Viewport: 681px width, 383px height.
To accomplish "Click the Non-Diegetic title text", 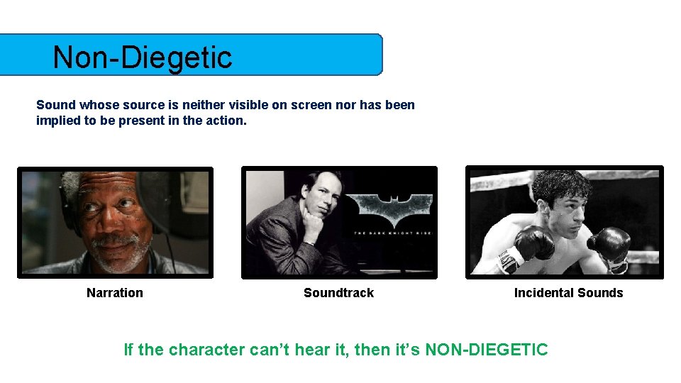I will [x=142, y=57].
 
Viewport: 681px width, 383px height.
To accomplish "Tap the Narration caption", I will [x=115, y=293].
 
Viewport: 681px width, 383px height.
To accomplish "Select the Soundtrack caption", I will [x=338, y=293].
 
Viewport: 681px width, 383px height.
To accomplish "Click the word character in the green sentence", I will [x=207, y=350].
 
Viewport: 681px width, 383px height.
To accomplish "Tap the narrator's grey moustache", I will [x=113, y=241].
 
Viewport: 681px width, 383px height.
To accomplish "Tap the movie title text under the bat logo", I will [x=393, y=233].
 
